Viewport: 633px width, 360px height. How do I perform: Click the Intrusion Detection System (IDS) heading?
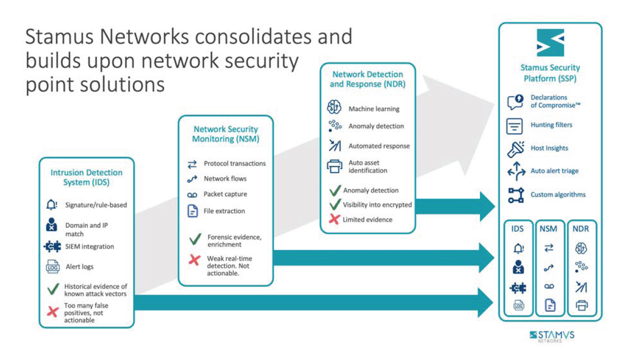[x=86, y=177]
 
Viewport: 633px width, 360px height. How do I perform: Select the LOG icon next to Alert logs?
[x=53, y=267]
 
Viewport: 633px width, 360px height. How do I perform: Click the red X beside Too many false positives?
[x=53, y=312]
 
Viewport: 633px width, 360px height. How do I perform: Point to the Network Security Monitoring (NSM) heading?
[x=225, y=134]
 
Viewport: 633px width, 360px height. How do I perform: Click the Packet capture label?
[x=225, y=195]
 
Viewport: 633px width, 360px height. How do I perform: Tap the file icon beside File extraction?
[x=193, y=211]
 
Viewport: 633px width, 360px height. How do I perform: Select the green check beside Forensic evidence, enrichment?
[x=195, y=239]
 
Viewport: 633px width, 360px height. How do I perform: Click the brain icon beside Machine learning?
[x=334, y=108]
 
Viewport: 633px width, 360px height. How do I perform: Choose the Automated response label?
[x=379, y=146]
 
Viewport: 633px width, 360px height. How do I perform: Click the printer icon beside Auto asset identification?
[x=334, y=166]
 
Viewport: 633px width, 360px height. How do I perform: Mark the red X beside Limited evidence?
[x=335, y=220]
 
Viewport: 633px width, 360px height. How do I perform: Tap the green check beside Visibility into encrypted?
[x=335, y=204]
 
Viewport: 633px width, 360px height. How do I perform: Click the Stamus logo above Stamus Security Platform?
[x=550, y=43]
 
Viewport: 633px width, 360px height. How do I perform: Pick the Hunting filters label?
[x=551, y=125]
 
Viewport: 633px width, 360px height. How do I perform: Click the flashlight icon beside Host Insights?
[x=515, y=149]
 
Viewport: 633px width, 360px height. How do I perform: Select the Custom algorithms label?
[x=558, y=195]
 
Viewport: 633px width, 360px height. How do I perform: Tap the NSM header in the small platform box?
[x=548, y=229]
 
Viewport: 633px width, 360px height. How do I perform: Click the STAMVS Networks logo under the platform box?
[x=552, y=336]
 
